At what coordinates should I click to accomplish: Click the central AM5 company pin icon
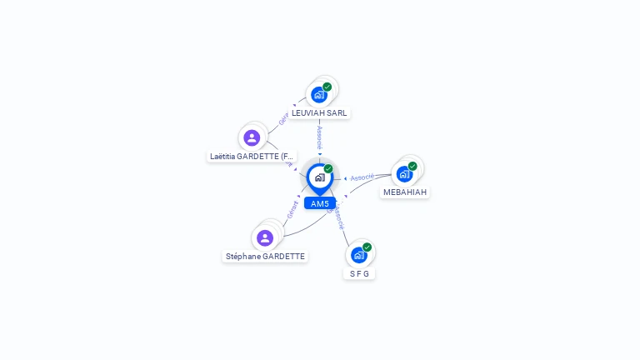click(x=319, y=177)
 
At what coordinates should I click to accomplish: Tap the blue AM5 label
click(x=320, y=203)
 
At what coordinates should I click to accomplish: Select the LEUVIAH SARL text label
click(x=319, y=112)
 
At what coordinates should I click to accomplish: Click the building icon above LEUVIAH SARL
click(x=318, y=95)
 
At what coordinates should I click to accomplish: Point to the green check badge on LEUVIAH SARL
click(x=327, y=87)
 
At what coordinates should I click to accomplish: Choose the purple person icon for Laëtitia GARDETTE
click(x=252, y=137)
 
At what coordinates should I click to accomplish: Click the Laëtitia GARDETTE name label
click(x=252, y=156)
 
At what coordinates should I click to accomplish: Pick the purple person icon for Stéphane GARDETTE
click(x=265, y=238)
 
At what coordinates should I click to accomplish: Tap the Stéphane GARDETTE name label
click(x=265, y=257)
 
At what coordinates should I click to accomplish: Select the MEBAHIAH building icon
click(x=404, y=174)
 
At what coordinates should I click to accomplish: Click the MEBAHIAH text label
click(x=405, y=192)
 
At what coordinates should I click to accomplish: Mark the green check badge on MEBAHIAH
click(x=412, y=166)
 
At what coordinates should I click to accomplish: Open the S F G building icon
click(x=358, y=255)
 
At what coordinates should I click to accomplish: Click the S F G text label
click(x=359, y=273)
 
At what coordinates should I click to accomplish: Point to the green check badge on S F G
click(x=367, y=247)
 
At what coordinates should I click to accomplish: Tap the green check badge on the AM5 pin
click(x=328, y=169)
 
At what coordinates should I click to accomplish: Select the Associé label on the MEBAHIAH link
click(x=362, y=177)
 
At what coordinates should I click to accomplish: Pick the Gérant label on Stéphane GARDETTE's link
click(x=292, y=210)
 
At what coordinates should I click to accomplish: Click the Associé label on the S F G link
click(x=338, y=218)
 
